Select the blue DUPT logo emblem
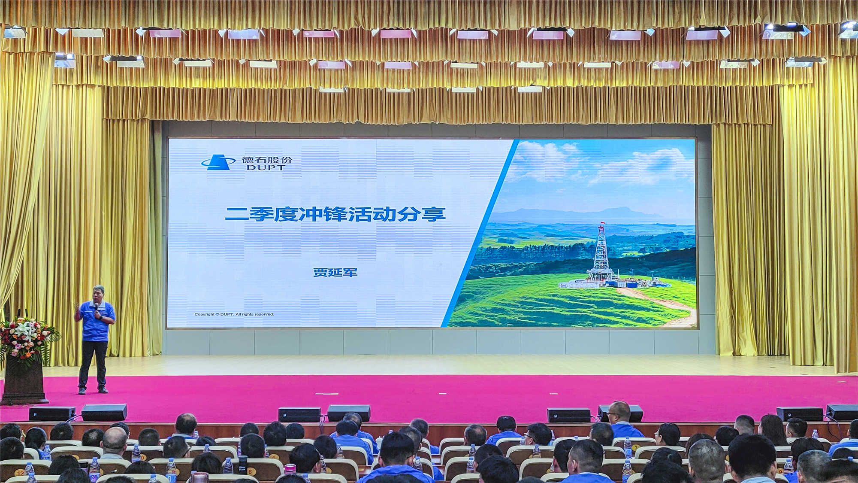point(218,162)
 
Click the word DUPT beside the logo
point(266,167)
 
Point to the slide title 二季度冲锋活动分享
point(335,214)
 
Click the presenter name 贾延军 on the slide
point(335,272)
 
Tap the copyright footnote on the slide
point(234,314)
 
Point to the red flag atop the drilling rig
point(603,222)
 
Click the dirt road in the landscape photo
point(661,305)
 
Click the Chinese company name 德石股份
point(267,160)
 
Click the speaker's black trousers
point(93,365)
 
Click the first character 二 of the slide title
point(236,214)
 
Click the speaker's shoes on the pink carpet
point(93,391)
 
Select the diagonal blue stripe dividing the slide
point(480,233)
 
